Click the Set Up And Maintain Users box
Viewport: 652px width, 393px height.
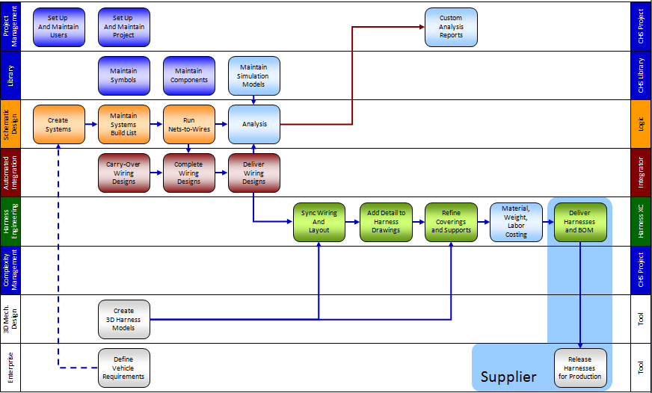[x=58, y=27]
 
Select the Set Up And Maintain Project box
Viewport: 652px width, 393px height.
[x=124, y=27]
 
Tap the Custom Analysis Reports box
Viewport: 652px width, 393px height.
[x=451, y=27]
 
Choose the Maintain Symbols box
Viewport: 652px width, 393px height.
[x=124, y=75]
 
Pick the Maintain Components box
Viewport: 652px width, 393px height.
[x=189, y=75]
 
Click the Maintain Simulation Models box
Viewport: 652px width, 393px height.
[x=254, y=75]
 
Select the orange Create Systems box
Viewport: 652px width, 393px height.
[x=58, y=124]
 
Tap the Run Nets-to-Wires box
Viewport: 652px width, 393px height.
[x=189, y=124]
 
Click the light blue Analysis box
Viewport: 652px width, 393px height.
[x=254, y=124]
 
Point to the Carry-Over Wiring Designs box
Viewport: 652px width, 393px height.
[x=124, y=173]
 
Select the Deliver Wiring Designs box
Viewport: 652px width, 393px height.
[x=254, y=173]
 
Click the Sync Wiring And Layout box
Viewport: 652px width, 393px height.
[x=319, y=222]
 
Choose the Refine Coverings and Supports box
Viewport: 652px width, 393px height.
[x=451, y=222]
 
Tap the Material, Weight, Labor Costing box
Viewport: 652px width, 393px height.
[x=516, y=222]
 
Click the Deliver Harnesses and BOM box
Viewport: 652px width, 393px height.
[x=580, y=222]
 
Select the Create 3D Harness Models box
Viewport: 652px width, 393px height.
[x=124, y=319]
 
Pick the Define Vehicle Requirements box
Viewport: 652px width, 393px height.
[x=124, y=368]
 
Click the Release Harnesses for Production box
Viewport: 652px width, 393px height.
[x=580, y=368]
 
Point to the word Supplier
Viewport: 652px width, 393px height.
[x=508, y=377]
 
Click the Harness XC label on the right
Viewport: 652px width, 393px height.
[x=641, y=221]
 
